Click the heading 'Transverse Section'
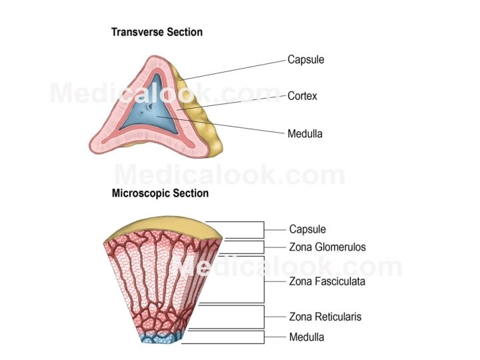(157, 32)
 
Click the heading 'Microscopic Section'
(160, 193)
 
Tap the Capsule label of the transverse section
(305, 59)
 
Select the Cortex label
(302, 96)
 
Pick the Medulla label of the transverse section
(305, 133)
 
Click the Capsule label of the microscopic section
(307, 229)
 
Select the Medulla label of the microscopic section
(307, 337)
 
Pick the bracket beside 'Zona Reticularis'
(265, 317)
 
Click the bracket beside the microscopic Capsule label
(265, 229)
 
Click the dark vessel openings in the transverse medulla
(151, 107)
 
